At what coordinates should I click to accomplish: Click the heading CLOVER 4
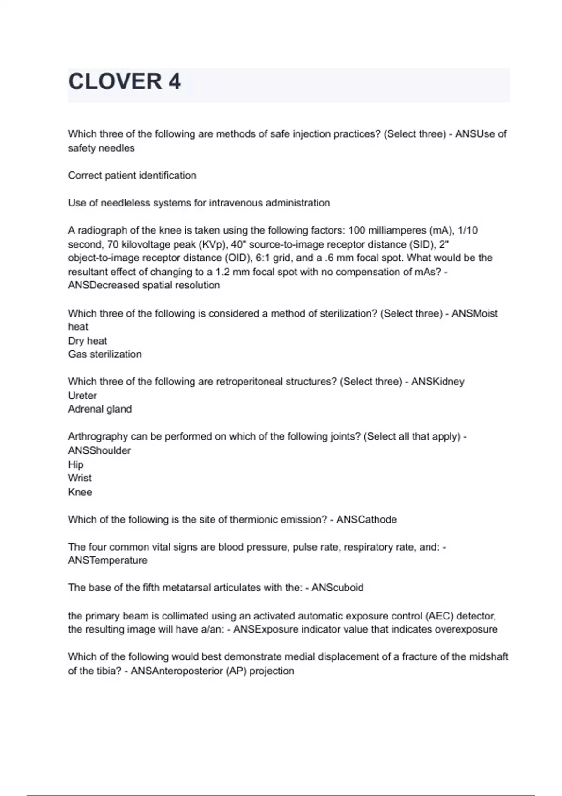(125, 82)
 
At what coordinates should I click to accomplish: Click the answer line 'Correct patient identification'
(132, 176)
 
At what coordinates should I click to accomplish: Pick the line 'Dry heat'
(88, 341)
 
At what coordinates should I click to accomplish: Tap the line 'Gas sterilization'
(104, 354)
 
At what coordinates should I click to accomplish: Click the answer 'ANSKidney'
(437, 382)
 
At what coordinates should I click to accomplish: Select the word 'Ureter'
(82, 396)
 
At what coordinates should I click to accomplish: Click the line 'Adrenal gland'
(100, 409)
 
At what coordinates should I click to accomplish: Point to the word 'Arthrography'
(97, 436)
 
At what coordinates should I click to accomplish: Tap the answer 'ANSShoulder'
(99, 450)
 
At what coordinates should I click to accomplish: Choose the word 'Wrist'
(80, 478)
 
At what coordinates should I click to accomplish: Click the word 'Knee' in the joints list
(80, 492)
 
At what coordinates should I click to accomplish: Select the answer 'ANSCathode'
(366, 520)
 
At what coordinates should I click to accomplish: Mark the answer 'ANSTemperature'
(107, 560)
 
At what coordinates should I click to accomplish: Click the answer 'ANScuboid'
(337, 588)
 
